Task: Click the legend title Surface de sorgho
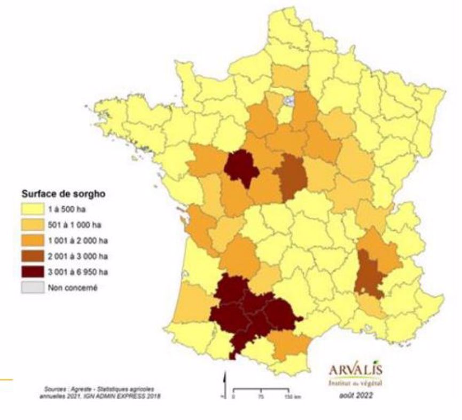[64, 194]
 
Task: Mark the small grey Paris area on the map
[289, 100]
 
